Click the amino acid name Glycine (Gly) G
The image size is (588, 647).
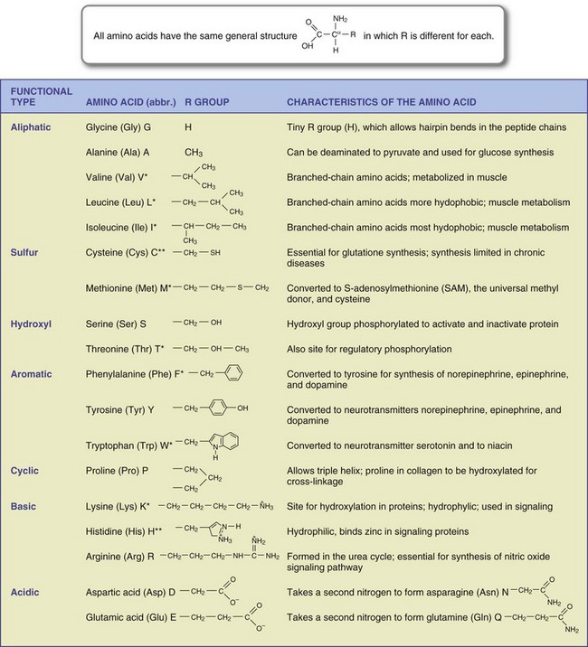coord(123,129)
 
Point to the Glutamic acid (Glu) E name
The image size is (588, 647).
coord(136,616)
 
